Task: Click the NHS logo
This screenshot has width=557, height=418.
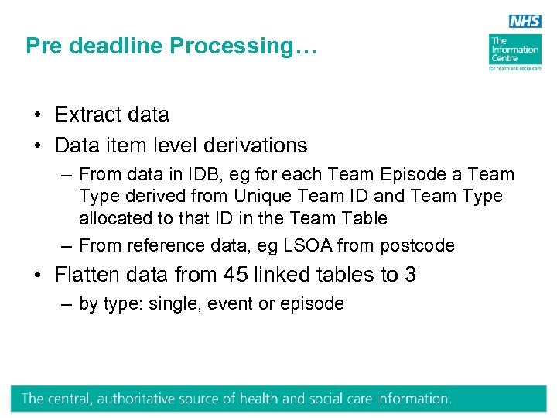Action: [525, 21]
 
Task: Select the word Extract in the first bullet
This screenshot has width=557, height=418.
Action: [85, 115]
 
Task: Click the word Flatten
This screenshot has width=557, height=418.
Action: [85, 275]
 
